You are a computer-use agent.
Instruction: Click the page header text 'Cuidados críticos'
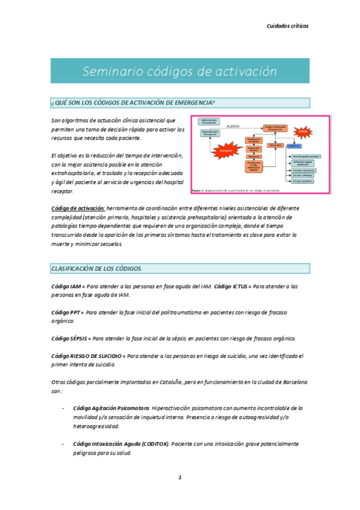point(287,26)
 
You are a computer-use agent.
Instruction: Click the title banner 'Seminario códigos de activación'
point(180,71)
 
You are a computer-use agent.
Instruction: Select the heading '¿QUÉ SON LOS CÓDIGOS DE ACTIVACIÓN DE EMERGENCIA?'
point(133,102)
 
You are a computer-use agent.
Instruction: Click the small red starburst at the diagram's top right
point(303,131)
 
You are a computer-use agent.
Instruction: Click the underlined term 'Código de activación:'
point(78,208)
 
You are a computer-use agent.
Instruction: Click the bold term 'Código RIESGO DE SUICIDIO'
point(88,356)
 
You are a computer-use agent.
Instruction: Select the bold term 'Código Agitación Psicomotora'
point(111,408)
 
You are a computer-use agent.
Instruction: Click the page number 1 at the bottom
point(179,478)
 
